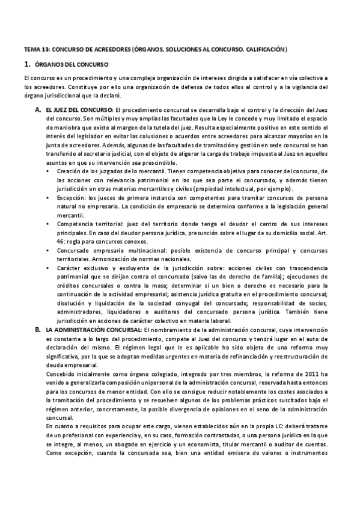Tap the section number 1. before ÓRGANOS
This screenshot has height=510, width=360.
[x=27, y=63]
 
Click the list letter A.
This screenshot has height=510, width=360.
[x=38, y=109]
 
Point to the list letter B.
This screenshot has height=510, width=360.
[x=38, y=330]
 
